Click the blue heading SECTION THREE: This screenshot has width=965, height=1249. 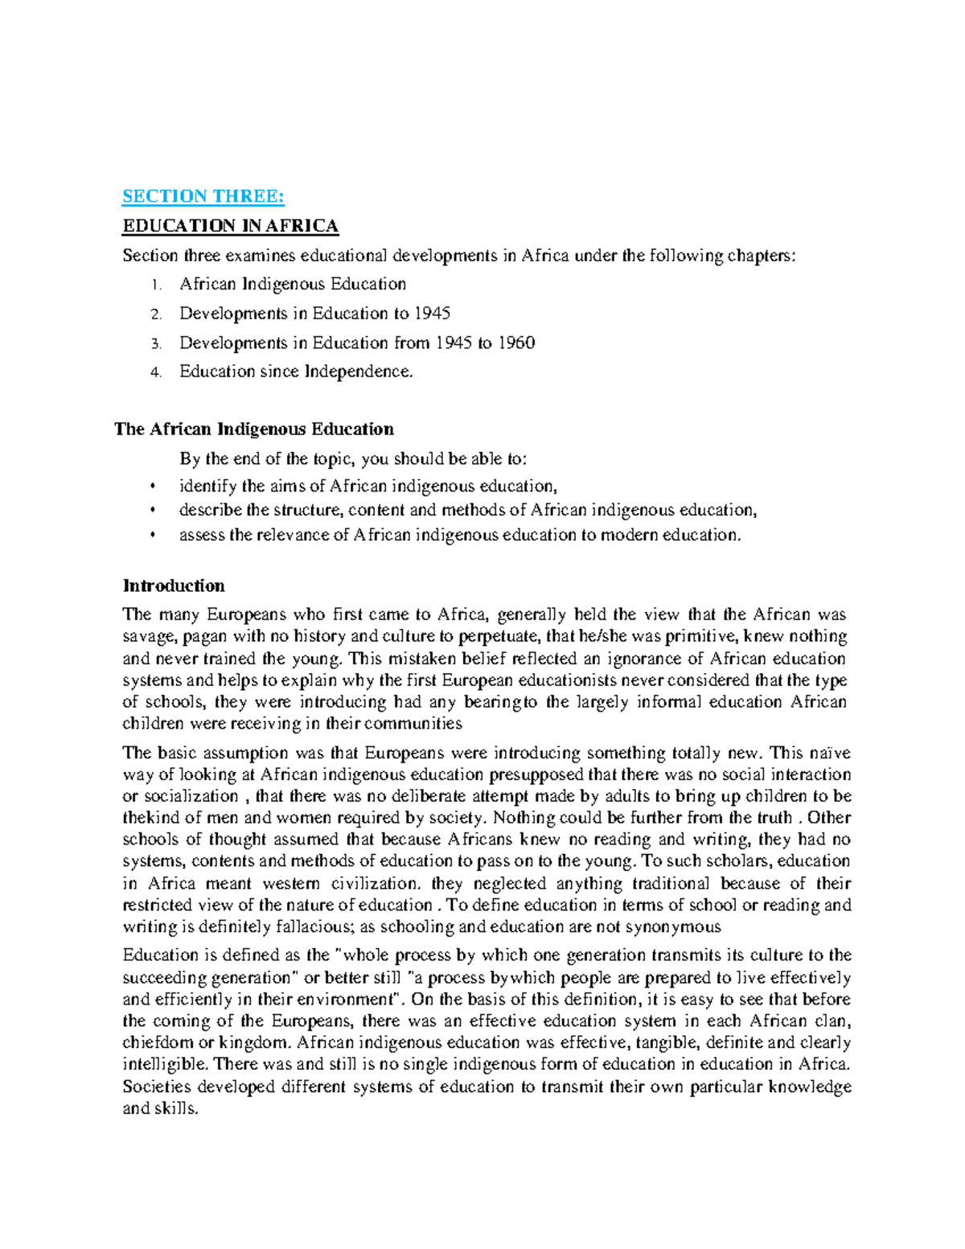203,196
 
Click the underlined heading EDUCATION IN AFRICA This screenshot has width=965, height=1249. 230,226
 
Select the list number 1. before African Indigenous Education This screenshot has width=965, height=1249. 156,285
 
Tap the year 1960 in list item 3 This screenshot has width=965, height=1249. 516,343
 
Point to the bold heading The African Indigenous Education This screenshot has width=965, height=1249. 254,429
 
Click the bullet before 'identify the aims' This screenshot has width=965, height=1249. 152,487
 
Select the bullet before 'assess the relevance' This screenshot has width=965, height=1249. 152,536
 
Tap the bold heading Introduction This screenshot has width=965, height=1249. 173,585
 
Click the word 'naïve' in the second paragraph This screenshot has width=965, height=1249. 832,753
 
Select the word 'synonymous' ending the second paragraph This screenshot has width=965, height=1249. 678,926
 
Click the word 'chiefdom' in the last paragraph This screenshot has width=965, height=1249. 157,1043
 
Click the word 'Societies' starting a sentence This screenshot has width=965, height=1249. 157,1087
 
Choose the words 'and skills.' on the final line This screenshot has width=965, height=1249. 160,1108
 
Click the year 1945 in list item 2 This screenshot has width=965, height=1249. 432,314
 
